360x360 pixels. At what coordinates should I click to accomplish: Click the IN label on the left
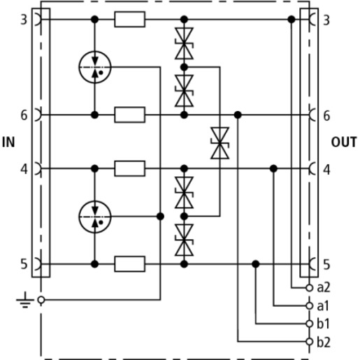[8, 142]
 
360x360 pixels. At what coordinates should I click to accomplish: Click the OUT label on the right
[344, 142]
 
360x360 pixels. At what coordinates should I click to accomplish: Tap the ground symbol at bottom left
[24, 300]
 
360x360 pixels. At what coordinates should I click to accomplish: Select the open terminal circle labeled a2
[309, 288]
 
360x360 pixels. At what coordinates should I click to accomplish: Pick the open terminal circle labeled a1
[309, 305]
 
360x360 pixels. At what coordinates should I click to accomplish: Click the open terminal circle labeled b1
[309, 324]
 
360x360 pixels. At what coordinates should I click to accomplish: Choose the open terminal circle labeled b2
[309, 342]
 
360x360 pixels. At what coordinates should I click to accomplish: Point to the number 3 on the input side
[24, 20]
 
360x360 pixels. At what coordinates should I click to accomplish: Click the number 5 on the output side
[326, 264]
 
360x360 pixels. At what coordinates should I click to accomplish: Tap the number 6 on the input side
[24, 115]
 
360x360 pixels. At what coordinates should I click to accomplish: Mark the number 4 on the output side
[326, 169]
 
